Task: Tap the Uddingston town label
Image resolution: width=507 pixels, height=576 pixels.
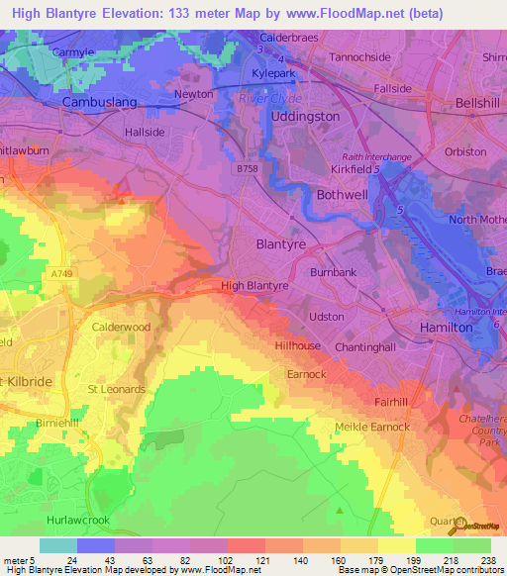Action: tap(305, 116)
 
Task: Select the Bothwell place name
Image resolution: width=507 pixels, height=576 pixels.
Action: tap(342, 195)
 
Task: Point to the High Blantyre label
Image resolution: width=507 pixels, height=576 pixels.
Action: tap(254, 285)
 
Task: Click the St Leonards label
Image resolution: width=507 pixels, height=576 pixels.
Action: tap(118, 389)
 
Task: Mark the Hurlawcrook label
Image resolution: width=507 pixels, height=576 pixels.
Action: tap(78, 518)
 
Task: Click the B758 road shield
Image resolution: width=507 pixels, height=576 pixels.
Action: tap(250, 169)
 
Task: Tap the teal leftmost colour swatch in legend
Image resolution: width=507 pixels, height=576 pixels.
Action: tap(57, 545)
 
